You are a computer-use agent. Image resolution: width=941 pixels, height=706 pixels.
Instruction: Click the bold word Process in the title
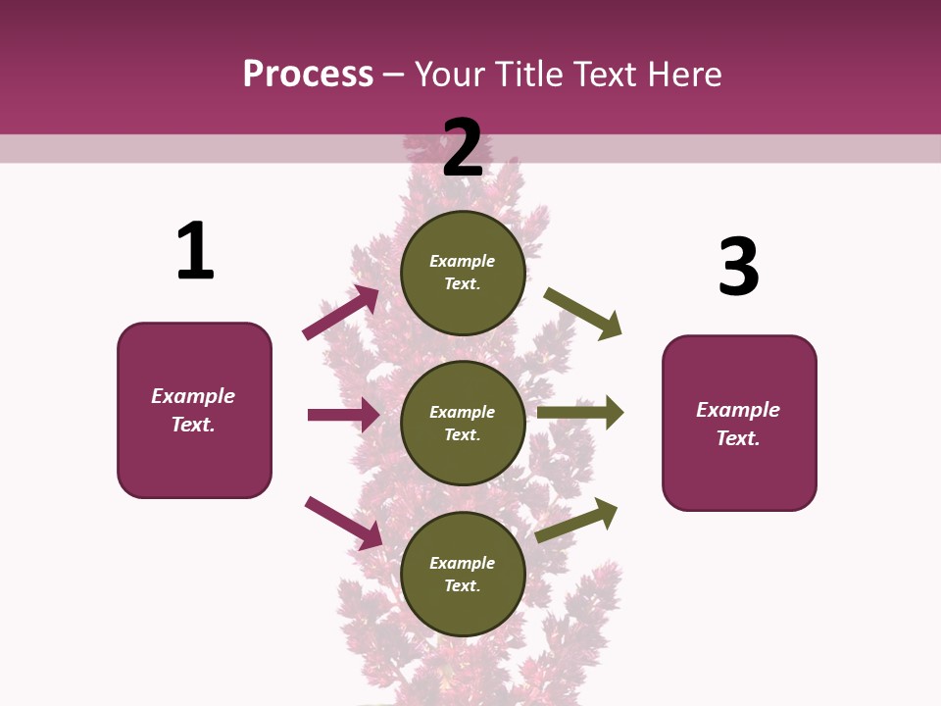308,75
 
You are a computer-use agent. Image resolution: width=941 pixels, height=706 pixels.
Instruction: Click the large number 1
195,251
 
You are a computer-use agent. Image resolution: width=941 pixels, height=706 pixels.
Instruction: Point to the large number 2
463,148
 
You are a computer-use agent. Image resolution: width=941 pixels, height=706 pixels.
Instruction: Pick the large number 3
738,267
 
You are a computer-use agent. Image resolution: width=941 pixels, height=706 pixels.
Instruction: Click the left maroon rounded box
194,410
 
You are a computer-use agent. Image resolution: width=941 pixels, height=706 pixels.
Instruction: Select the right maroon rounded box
739,424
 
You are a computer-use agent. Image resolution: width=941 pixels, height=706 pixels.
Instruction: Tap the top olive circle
463,273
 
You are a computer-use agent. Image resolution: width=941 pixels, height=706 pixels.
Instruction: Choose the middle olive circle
463,423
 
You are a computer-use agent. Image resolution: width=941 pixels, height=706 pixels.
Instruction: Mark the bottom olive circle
463,574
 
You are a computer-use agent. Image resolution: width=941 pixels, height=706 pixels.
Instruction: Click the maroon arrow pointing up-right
341,313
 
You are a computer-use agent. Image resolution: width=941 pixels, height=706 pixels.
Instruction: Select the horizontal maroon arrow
343,415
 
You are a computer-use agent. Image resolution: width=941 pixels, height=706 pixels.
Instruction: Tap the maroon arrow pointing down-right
344,523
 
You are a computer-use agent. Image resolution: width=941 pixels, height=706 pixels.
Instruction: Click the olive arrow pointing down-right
583,314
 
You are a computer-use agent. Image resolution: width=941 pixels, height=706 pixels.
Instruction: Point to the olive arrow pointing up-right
576,520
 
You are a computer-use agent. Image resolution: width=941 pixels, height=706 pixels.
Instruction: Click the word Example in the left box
193,396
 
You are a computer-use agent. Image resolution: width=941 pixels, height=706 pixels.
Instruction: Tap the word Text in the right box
738,438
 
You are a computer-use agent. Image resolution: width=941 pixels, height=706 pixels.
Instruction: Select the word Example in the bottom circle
463,563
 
